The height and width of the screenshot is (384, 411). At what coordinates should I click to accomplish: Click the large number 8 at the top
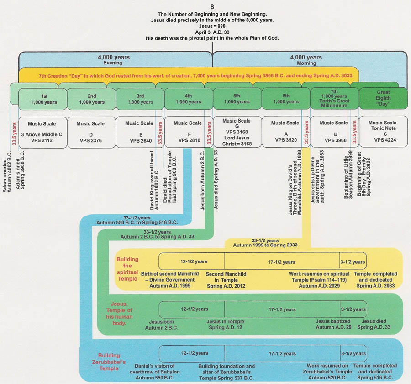click(x=212, y=6)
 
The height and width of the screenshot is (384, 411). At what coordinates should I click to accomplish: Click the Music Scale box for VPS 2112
click(x=42, y=131)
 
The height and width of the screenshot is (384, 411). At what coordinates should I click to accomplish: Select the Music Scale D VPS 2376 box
click(x=90, y=131)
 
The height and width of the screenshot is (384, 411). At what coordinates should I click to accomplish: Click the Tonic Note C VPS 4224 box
click(x=383, y=131)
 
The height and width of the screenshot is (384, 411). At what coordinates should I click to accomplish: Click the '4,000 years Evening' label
click(x=114, y=60)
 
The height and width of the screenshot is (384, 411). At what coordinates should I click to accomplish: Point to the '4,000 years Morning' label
click(x=306, y=60)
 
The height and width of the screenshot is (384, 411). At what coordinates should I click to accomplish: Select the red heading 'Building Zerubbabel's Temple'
click(x=109, y=359)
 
